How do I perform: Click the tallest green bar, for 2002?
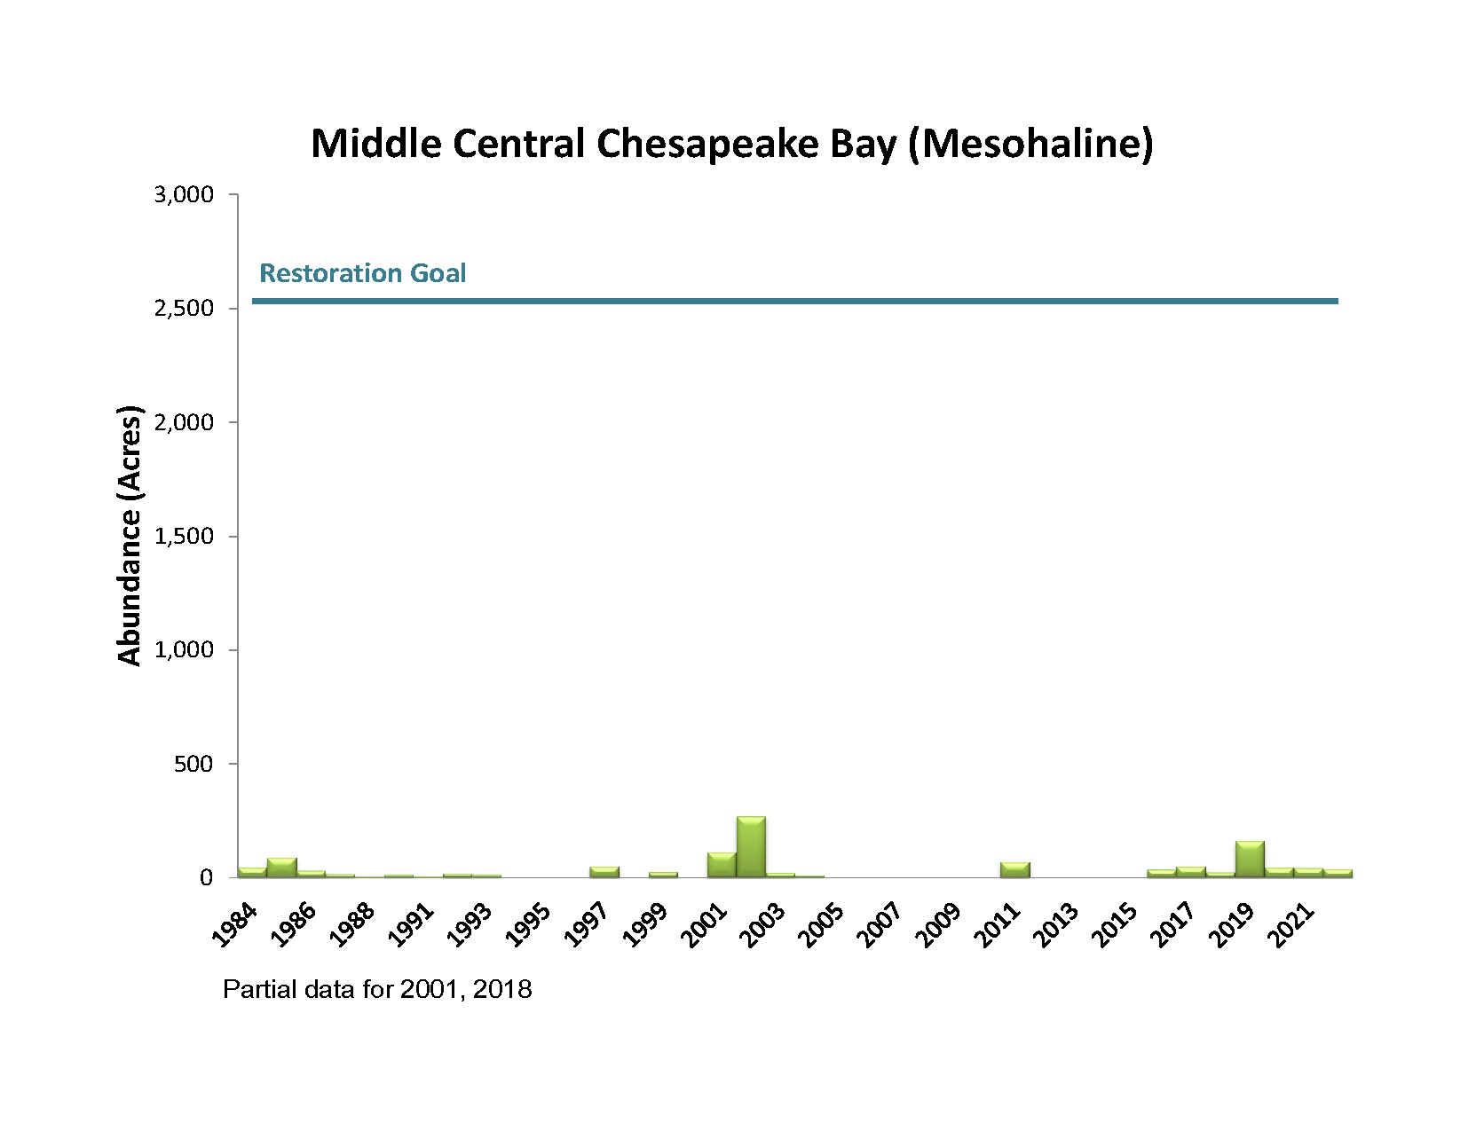coord(751,846)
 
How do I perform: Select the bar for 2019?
coord(1250,859)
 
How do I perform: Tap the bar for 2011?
coord(1015,869)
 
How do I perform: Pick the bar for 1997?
coord(604,872)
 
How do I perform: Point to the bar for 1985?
coord(281,867)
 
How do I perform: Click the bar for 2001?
coord(722,865)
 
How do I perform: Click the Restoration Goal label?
coord(362,273)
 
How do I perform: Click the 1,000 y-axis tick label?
coord(185,650)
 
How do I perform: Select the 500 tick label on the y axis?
coord(194,764)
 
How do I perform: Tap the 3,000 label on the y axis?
coord(185,195)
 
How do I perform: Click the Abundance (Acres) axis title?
coord(130,536)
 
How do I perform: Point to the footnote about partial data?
coord(377,989)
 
